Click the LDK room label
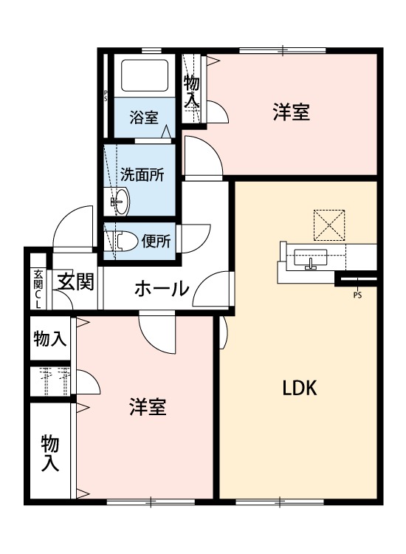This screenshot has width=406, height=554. pyautogui.click(x=300, y=389)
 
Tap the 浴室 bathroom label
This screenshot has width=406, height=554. pyautogui.click(x=144, y=117)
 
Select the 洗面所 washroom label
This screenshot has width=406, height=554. pyautogui.click(x=142, y=175)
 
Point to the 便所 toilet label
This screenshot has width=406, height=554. pyautogui.click(x=156, y=241)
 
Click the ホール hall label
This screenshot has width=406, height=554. pyautogui.click(x=162, y=289)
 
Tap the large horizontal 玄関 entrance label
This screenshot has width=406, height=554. pyautogui.click(x=76, y=282)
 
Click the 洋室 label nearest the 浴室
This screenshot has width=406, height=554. pyautogui.click(x=290, y=112)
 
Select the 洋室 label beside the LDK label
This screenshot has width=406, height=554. pyautogui.click(x=148, y=406)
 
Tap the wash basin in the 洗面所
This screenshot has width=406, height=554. pyautogui.click(x=120, y=200)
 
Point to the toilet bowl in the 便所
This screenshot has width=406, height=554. pyautogui.click(x=124, y=241)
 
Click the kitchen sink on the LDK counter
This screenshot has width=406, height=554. pyautogui.click(x=310, y=258)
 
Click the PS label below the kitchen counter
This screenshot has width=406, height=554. pyautogui.click(x=358, y=297)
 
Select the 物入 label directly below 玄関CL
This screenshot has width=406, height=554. pyautogui.click(x=50, y=339)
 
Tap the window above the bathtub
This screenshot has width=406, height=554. pyautogui.click(x=151, y=50)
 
